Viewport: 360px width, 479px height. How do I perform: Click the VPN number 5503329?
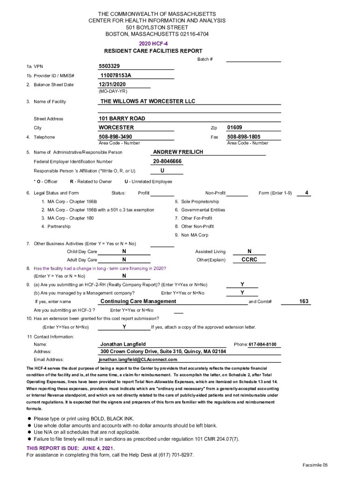click(109, 66)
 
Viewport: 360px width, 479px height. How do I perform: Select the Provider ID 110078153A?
click(116, 75)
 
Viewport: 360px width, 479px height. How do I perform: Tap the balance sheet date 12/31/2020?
click(112, 84)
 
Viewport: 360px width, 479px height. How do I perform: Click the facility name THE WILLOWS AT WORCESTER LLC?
click(148, 101)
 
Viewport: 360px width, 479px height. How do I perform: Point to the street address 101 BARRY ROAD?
click(122, 118)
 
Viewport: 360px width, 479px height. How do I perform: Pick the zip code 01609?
click(235, 127)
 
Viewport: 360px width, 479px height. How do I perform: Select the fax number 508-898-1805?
click(244, 137)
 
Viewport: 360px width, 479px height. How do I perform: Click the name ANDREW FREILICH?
click(178, 152)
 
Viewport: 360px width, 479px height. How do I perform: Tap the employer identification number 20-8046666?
click(167, 161)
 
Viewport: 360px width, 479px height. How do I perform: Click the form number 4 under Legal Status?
click(306, 192)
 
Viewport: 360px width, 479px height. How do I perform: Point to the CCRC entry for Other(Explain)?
click(249, 259)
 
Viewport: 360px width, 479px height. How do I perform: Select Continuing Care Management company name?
click(138, 301)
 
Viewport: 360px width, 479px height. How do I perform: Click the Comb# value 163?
click(304, 301)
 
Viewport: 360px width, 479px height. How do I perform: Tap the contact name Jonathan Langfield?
click(123, 344)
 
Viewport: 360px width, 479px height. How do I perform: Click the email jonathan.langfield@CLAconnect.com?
click(138, 359)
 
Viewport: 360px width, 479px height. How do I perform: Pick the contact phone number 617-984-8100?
click(262, 344)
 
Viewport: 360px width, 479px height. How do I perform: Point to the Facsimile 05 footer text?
click(315, 465)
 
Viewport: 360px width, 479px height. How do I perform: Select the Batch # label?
click(205, 59)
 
